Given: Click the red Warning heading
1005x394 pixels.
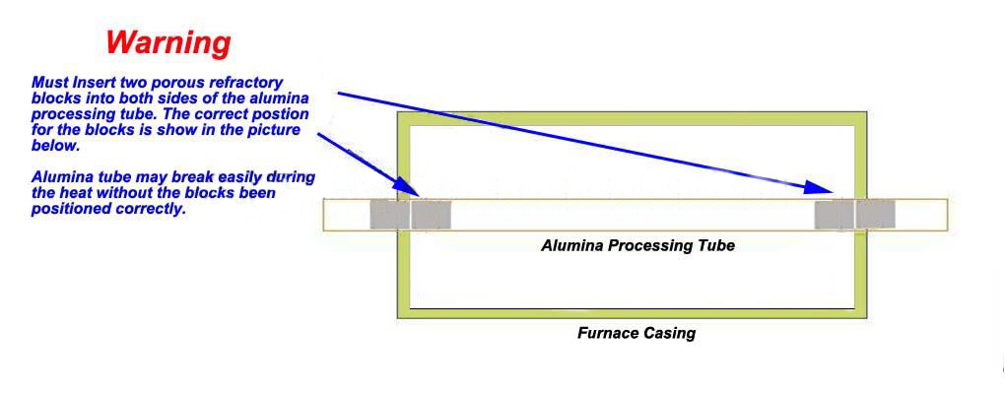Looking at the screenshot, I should [168, 42].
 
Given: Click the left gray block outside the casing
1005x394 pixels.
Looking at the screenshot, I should [388, 215].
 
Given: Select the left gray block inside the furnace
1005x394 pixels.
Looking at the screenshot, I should [431, 215].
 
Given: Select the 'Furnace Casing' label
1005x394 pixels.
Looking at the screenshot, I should [636, 333].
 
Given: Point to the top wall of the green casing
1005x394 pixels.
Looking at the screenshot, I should [632, 118].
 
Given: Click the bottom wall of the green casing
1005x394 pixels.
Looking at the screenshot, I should [632, 312].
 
